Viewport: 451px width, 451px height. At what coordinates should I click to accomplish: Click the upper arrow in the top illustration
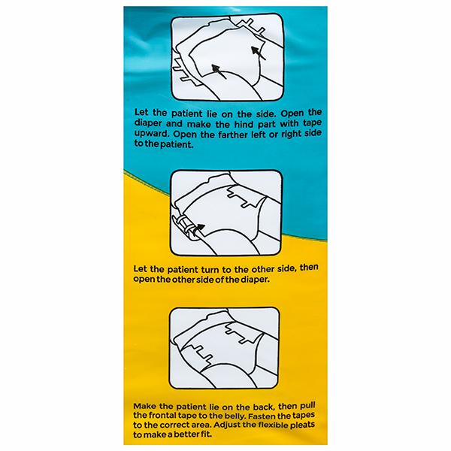tap(259, 53)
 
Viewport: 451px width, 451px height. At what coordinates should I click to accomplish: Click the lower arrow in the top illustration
tap(219, 71)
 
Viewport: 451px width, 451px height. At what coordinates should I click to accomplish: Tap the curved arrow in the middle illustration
tap(198, 229)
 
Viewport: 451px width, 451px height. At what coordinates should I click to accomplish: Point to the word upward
tap(152, 135)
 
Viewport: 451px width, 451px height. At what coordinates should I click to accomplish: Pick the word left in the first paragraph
tap(259, 134)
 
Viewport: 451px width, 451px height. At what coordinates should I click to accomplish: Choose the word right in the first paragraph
tap(293, 134)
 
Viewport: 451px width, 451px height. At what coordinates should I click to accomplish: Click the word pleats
tap(303, 425)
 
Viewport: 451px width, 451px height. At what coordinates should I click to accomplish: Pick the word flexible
tap(273, 425)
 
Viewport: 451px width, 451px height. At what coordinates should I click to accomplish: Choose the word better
tap(185, 434)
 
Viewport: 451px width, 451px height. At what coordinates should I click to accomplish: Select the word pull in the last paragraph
tap(307, 406)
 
